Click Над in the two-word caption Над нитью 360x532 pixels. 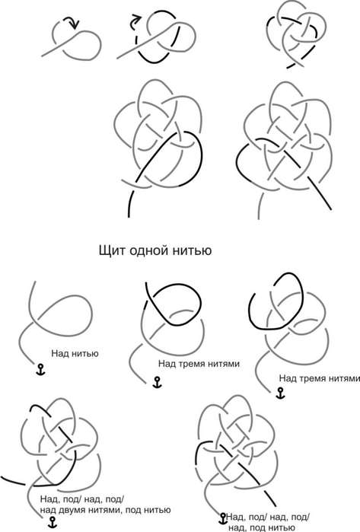pyautogui.click(x=60, y=354)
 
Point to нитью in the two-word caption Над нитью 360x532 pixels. pyautogui.click(x=85, y=354)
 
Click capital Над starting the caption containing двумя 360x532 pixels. pyautogui.click(x=49, y=499)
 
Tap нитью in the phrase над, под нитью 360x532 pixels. pyautogui.click(x=282, y=527)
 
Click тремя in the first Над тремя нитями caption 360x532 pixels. pyautogui.click(x=191, y=364)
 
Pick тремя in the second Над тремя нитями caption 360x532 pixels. pyautogui.click(x=312, y=379)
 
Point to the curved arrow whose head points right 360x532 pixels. pyautogui.click(x=135, y=21)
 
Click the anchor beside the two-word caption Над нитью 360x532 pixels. pyautogui.click(x=40, y=369)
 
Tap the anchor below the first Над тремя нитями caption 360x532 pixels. pyautogui.click(x=157, y=382)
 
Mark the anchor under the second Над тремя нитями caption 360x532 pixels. pyautogui.click(x=280, y=393)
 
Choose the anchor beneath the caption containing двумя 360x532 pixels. pyautogui.click(x=53, y=523)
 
